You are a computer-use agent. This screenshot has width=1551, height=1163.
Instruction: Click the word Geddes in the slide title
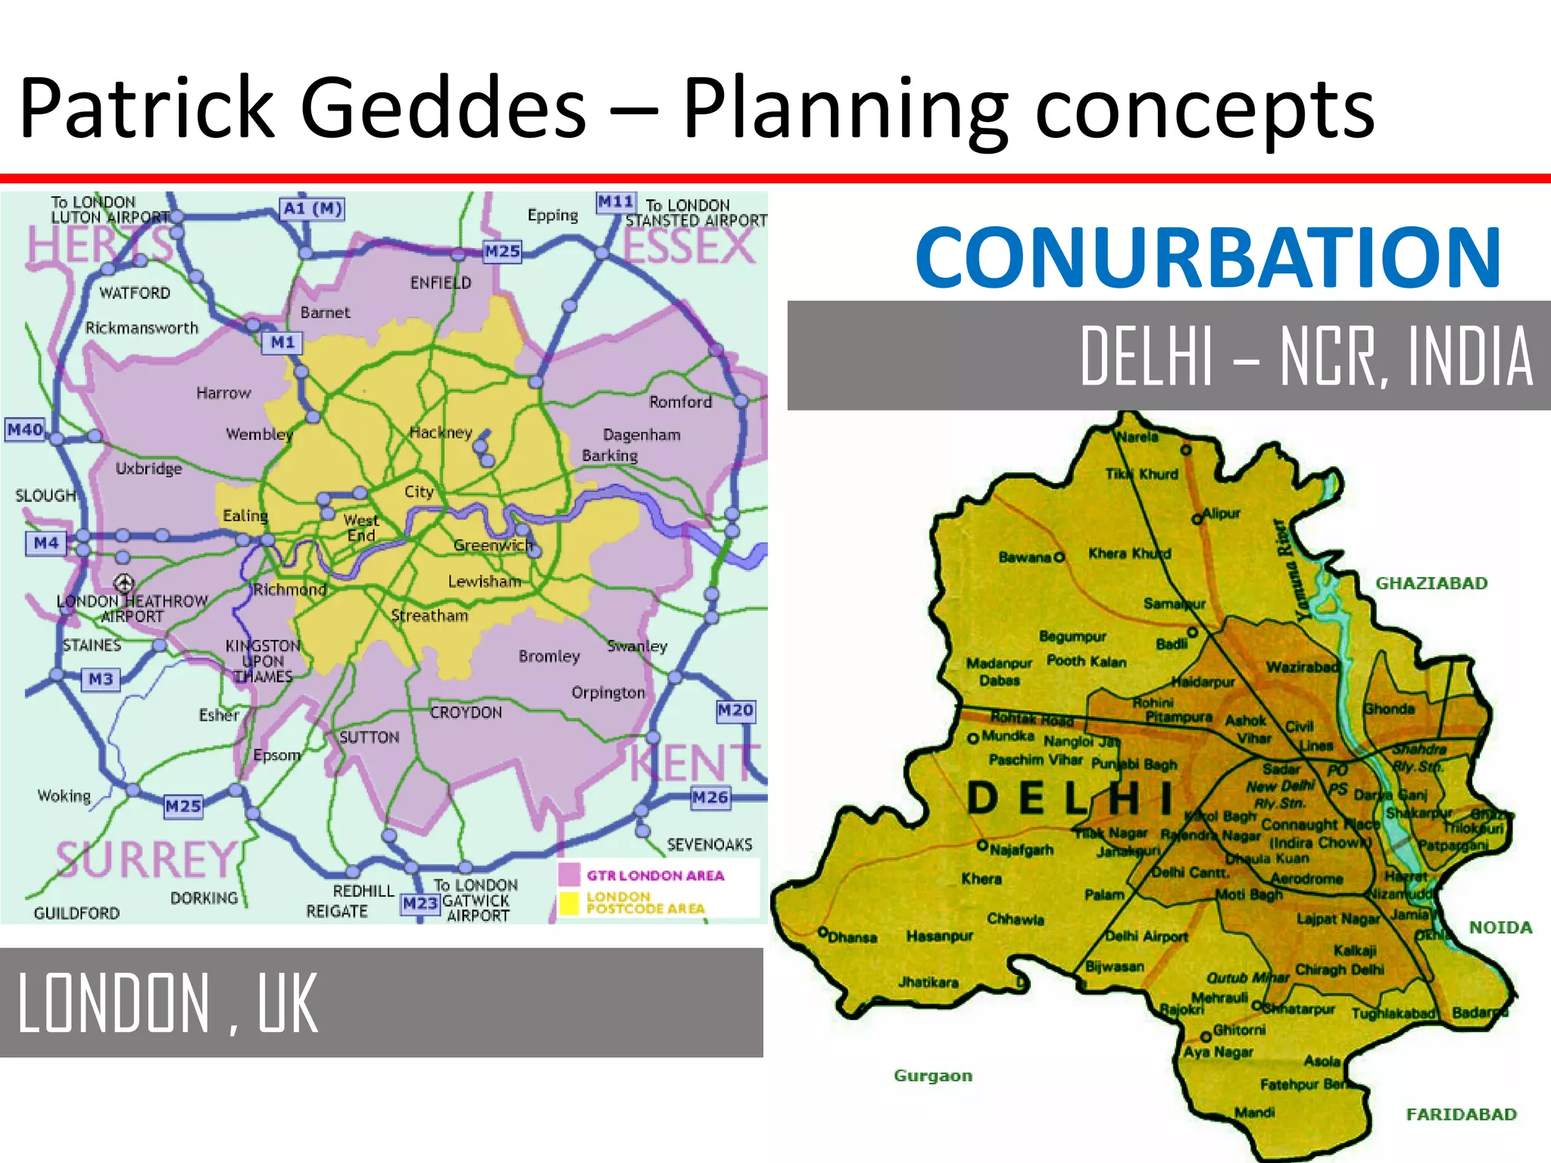coord(443,108)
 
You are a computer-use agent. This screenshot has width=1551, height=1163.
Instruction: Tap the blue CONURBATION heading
coord(1208,257)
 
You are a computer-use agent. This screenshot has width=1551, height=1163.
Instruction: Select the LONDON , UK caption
coord(167,1003)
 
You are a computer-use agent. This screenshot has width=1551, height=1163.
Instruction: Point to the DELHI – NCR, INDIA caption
coord(1306,356)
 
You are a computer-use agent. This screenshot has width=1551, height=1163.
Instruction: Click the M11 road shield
coord(616,202)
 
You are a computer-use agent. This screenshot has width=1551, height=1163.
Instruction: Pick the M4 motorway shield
coord(46,543)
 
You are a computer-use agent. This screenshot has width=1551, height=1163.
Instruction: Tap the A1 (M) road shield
coord(312,208)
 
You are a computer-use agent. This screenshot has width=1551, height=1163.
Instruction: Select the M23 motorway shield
coord(420,903)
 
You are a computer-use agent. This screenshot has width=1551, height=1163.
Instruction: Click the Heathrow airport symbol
coord(124,582)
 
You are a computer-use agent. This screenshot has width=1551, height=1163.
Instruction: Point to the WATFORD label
coord(135,293)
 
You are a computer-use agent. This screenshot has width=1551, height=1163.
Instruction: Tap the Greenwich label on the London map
coord(493,545)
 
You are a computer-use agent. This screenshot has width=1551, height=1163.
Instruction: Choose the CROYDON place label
coord(466,712)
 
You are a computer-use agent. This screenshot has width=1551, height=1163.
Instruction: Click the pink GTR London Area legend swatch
coord(569,875)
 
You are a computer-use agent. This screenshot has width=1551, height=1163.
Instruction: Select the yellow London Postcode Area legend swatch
coord(569,903)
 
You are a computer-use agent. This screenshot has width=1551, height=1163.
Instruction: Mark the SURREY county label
coord(147,860)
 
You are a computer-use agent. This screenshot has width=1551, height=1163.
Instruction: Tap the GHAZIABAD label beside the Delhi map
coord(1431,583)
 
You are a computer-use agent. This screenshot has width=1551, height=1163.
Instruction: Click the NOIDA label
coord(1500,928)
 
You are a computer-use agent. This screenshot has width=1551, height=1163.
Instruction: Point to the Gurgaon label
coord(932,1076)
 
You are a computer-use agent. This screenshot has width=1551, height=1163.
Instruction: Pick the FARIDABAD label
coord(1461,1115)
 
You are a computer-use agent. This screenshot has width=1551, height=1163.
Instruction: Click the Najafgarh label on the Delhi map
coord(1020,850)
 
